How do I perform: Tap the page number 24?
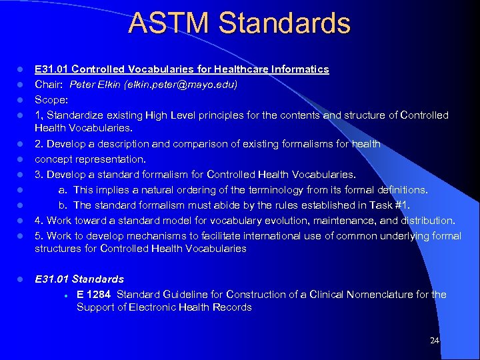click(435, 341)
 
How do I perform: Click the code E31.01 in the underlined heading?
click(51, 69)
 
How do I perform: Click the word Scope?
click(51, 100)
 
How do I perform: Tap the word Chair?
click(50, 85)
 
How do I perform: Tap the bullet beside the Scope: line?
click(21, 100)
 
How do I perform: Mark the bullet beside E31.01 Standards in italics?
click(21, 279)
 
